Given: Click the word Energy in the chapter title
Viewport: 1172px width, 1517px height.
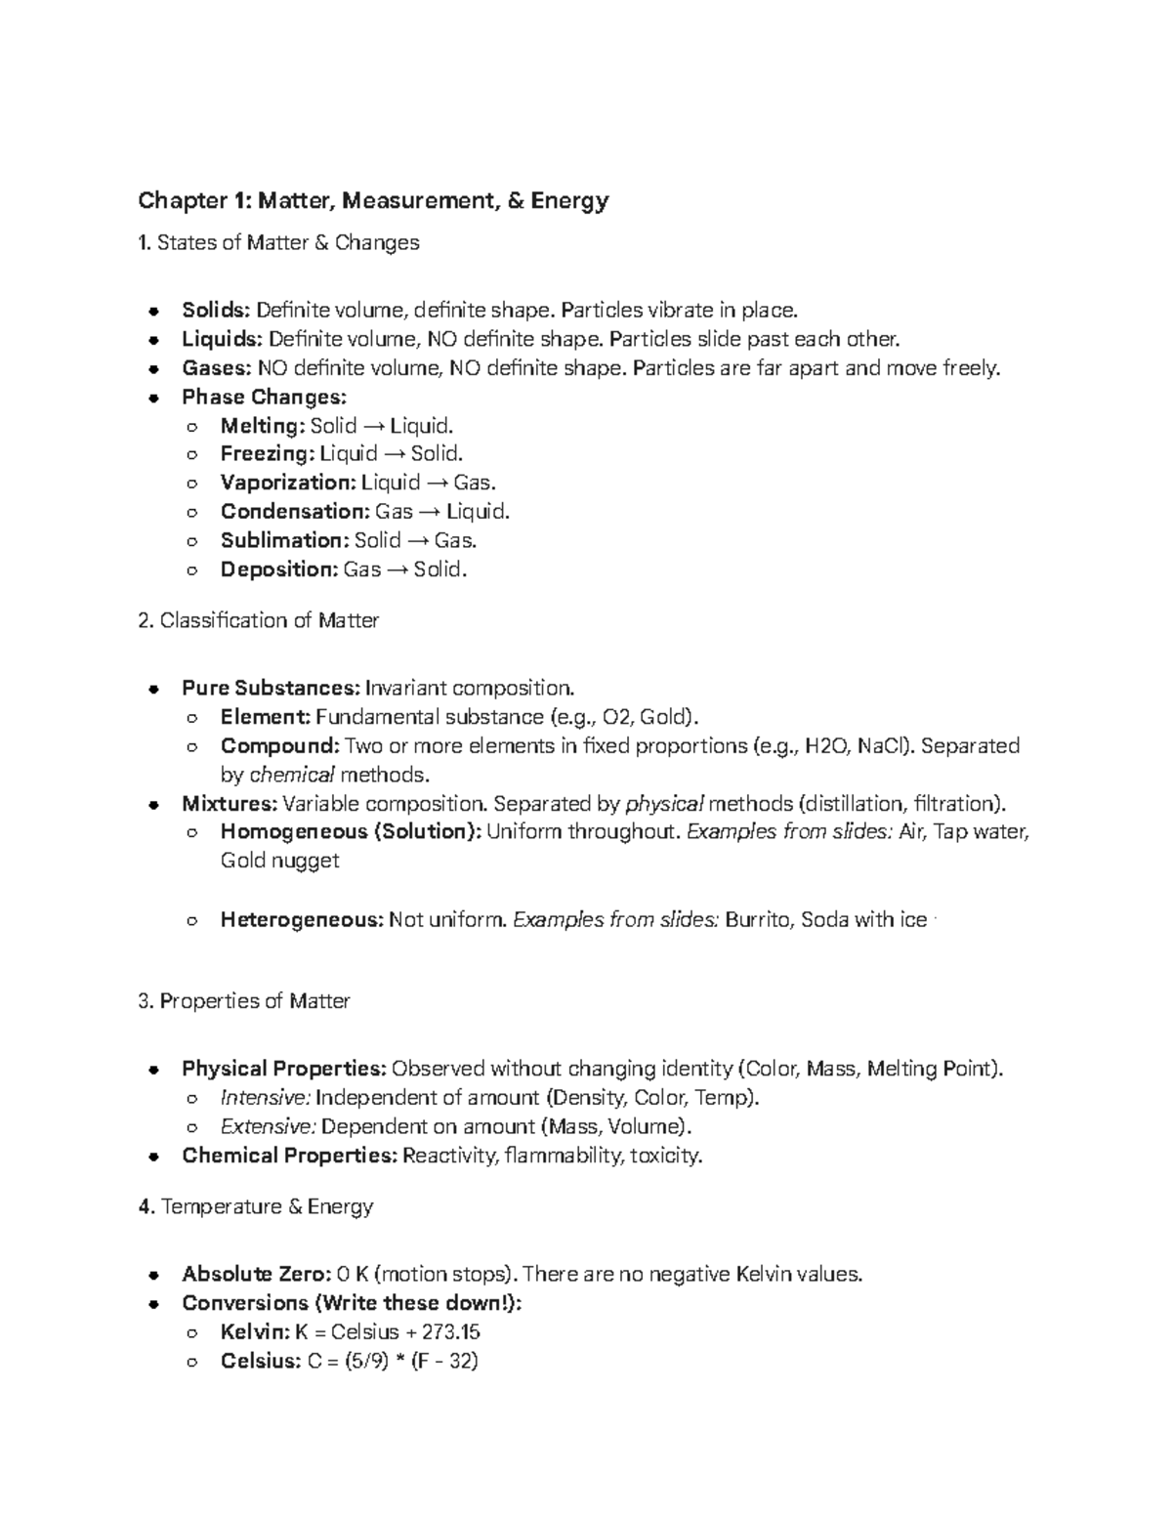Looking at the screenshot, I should click(x=571, y=201).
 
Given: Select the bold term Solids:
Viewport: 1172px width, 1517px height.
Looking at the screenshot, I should click(x=216, y=311).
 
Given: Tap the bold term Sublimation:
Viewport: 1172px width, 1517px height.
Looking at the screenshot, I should click(x=283, y=540).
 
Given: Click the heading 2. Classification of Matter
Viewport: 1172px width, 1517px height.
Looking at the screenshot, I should click(x=259, y=620).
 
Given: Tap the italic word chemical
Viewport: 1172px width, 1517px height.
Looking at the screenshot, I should click(x=292, y=775).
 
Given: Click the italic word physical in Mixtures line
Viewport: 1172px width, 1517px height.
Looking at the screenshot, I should click(x=664, y=804).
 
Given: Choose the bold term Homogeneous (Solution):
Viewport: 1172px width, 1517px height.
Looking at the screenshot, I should click(x=351, y=832).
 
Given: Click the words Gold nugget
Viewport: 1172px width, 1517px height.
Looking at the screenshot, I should click(x=279, y=861).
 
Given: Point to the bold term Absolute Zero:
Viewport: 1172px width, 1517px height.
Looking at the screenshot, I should click(x=255, y=1274).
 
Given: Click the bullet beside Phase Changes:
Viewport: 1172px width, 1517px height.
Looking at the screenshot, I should click(x=153, y=398).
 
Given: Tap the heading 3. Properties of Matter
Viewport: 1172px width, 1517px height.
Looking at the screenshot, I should click(x=244, y=1001).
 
